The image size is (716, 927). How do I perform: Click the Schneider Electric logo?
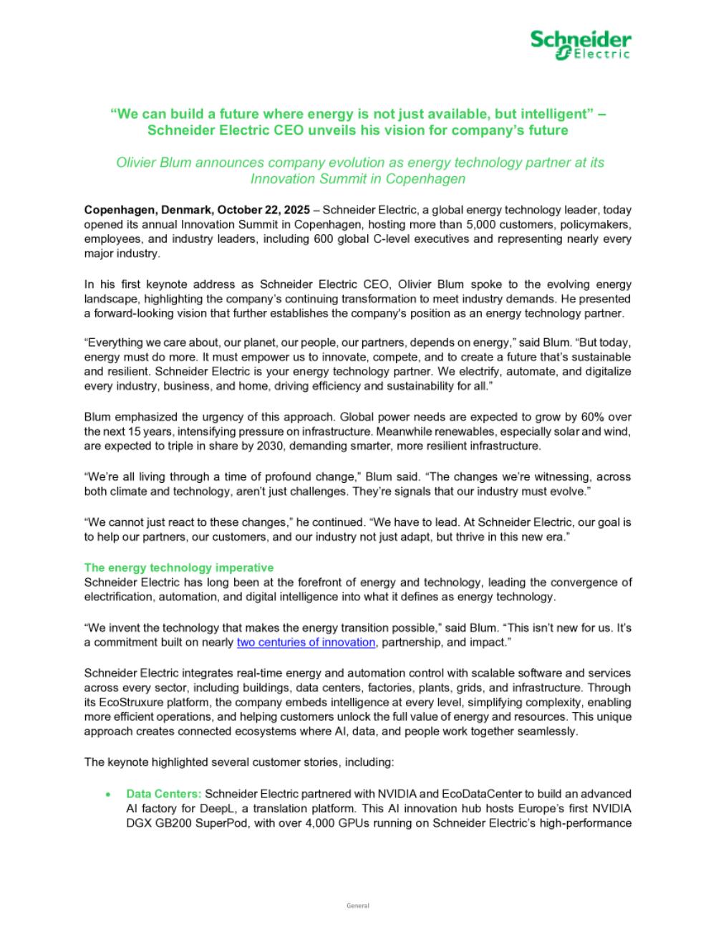point(580,44)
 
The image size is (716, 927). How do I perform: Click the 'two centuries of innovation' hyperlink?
point(306,643)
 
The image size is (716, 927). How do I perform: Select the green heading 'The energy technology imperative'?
point(179,567)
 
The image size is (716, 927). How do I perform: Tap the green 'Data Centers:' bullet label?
point(164,794)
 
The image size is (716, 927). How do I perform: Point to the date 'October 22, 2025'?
point(263,211)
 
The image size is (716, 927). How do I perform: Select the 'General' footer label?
point(357,906)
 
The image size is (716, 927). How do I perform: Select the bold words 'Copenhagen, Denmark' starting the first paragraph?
point(147,211)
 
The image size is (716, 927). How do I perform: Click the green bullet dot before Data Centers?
point(108,794)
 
